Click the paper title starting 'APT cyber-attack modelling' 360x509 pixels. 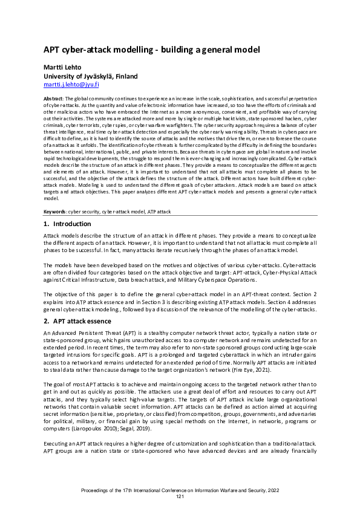[x=152, y=50]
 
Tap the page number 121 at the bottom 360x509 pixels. [x=180, y=496]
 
